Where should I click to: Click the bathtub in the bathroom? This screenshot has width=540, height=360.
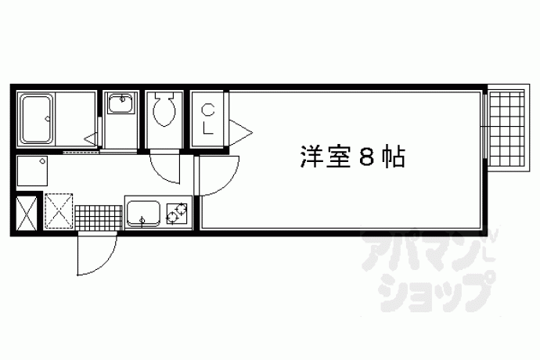coord(37,119)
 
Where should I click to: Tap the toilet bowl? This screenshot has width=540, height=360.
coord(164,110)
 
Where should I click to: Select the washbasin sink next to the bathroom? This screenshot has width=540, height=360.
coord(121,103)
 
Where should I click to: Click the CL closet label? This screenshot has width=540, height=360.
coord(208,119)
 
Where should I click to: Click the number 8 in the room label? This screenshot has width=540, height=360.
coord(366,157)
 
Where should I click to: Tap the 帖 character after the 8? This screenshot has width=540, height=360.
coord(393,157)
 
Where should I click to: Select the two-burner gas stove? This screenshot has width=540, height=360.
coord(177,213)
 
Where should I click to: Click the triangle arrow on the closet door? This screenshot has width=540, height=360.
coord(240,132)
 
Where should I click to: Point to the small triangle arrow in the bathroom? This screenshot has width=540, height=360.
coord(91,139)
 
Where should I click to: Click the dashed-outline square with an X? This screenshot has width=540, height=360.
coord(59,211)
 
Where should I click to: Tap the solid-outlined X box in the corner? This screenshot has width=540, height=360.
coord(27,213)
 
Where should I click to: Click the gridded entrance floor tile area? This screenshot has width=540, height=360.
coord(99,217)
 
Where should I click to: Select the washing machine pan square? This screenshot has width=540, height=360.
coord(32,171)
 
